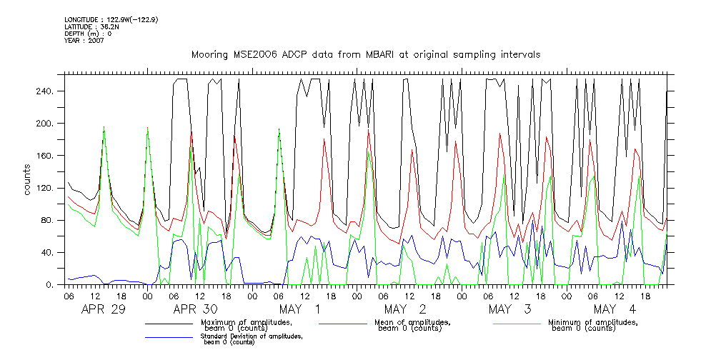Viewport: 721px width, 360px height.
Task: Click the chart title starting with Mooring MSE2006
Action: (365, 54)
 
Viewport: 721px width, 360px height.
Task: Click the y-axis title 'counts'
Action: (28, 179)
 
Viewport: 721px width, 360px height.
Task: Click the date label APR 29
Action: (104, 309)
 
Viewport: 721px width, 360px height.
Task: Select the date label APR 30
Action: (196, 309)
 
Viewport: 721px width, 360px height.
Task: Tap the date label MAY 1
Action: (300, 309)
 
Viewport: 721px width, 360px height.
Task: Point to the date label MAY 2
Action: (405, 309)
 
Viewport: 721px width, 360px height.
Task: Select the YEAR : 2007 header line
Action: (84, 41)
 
